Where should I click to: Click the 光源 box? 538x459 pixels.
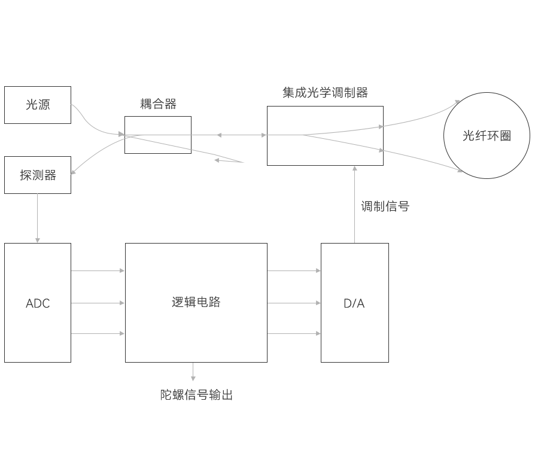click(x=37, y=105)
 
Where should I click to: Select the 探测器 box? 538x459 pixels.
click(x=37, y=175)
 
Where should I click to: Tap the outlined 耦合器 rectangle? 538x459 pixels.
click(x=158, y=135)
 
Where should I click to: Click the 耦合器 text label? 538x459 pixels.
click(x=158, y=104)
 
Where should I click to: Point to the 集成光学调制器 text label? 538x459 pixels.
click(x=325, y=93)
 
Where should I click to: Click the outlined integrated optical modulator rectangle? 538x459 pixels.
click(x=325, y=136)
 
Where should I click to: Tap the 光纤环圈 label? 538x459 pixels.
click(x=486, y=136)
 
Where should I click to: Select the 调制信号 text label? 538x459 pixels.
click(x=385, y=206)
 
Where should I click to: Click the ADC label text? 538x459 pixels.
click(x=37, y=303)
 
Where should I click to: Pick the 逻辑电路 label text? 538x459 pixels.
click(x=196, y=302)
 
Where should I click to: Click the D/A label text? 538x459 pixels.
click(x=354, y=303)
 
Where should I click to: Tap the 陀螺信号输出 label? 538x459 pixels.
click(x=196, y=395)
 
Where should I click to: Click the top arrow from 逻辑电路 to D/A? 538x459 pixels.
click(x=294, y=270)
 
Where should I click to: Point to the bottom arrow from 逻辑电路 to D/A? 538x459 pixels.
click(x=294, y=333)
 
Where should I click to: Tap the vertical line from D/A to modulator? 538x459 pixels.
click(x=355, y=209)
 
